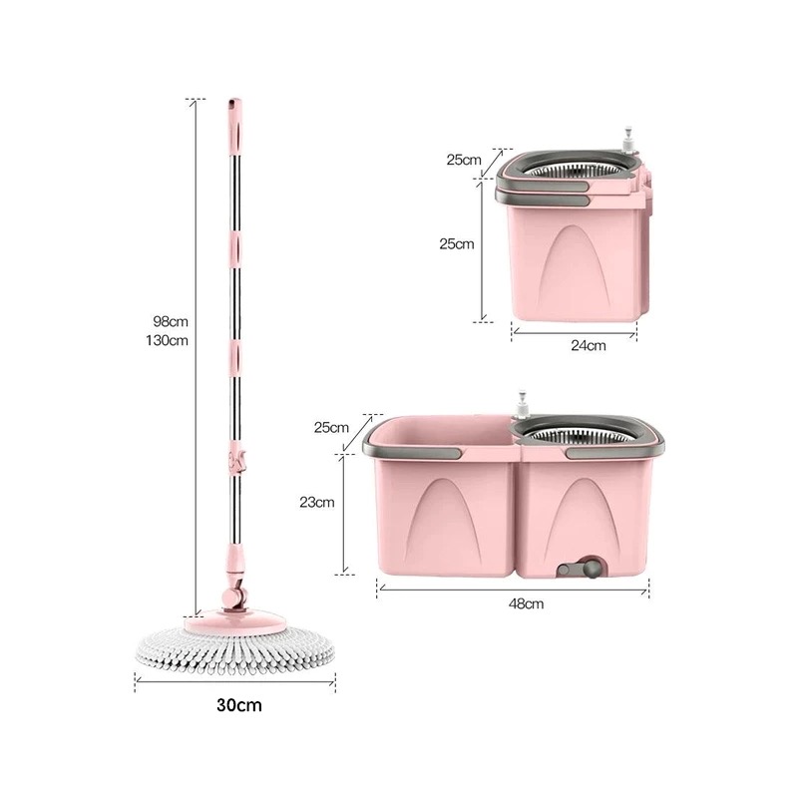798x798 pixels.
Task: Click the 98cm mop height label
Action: pyautogui.click(x=171, y=321)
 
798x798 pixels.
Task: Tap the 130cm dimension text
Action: pyautogui.click(x=167, y=340)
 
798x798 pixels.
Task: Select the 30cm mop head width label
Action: pyautogui.click(x=239, y=705)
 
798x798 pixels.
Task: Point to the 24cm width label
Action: pyautogui.click(x=589, y=345)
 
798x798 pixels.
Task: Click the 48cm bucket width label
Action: pyautogui.click(x=527, y=603)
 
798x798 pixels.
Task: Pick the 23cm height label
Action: pyautogui.click(x=317, y=503)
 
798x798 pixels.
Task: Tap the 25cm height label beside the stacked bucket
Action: pyautogui.click(x=457, y=243)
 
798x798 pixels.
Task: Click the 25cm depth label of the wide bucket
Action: pyautogui.click(x=331, y=427)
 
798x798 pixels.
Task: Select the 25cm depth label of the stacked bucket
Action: pyautogui.click(x=464, y=160)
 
